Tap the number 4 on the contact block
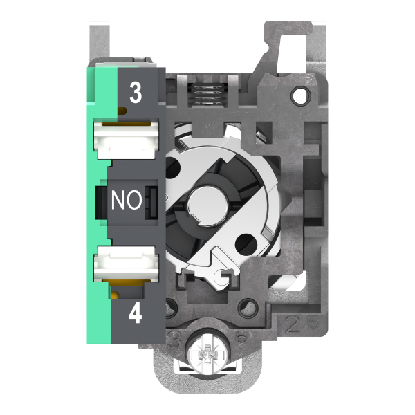(136, 315)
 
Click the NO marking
(127, 201)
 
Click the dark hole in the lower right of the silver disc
(243, 243)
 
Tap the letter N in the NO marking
(119, 201)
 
